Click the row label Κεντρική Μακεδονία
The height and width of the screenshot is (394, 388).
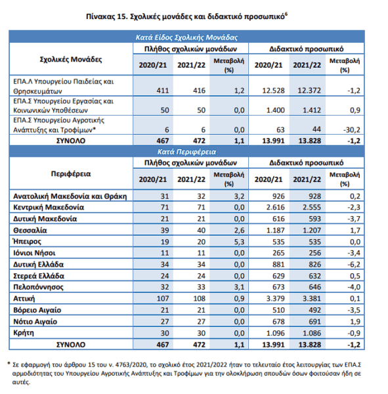(49, 208)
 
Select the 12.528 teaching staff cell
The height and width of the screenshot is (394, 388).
(273, 91)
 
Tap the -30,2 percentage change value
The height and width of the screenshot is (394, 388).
(351, 130)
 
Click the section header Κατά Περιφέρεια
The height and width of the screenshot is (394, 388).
(186, 152)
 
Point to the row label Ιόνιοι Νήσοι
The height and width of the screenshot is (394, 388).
(34, 253)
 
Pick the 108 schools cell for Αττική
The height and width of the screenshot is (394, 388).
(200, 299)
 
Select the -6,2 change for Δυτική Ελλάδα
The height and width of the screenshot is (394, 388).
(354, 265)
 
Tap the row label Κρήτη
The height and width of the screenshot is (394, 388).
(24, 333)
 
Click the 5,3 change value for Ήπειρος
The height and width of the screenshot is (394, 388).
(239, 242)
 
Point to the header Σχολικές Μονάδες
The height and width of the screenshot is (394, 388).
(71, 60)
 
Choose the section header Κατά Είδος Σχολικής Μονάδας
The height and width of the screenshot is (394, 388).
(186, 37)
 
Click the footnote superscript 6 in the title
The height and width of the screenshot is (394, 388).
(286, 14)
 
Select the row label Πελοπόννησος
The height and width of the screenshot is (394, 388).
(38, 287)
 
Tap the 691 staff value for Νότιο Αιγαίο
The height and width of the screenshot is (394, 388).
(315, 322)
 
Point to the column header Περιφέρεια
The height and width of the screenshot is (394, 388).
(71, 174)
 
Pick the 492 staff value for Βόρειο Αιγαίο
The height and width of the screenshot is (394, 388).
(315, 310)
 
